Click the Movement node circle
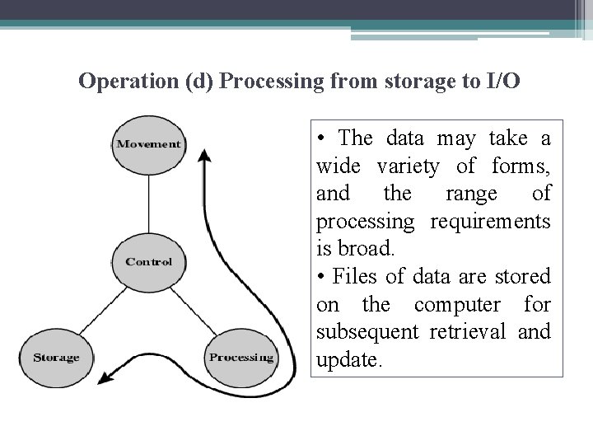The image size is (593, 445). (149, 144)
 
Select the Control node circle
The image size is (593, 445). (149, 263)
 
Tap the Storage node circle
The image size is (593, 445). (56, 358)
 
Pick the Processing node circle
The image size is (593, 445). (241, 358)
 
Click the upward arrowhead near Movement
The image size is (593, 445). (205, 156)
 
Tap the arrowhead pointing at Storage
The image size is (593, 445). (103, 379)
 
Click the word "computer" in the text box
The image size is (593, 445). (452, 305)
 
